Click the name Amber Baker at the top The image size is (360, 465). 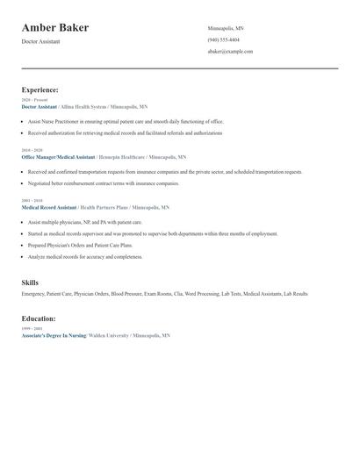coord(54,28)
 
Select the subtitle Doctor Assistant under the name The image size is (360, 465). coord(41,41)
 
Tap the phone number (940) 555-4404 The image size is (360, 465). coord(224,39)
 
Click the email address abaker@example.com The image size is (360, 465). coord(230,51)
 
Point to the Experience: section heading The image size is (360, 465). coord(40,89)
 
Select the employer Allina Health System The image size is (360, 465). coord(84,106)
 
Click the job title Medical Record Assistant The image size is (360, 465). coord(48,207)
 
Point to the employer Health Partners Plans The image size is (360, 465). coord(104,207)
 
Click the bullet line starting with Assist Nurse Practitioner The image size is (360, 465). coord(126,121)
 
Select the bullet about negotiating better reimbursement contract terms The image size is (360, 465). coord(104,183)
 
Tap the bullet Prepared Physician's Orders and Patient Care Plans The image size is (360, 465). coord(85,246)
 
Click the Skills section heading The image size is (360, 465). coord(30,283)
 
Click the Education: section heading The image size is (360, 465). coord(39,319)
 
